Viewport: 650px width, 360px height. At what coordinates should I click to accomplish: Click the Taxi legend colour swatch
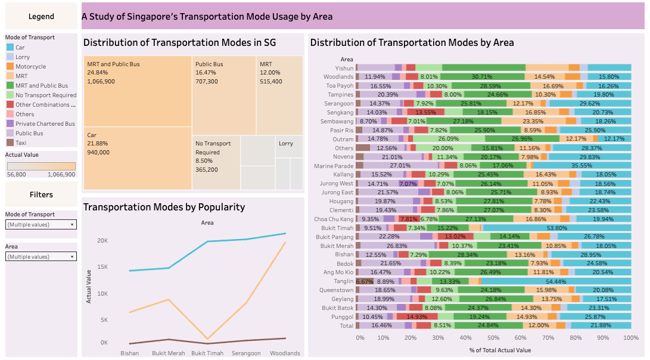click(10, 143)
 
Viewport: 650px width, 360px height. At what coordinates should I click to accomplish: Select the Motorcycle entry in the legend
click(30, 67)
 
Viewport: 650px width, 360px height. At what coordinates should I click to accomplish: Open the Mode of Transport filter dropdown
click(41, 225)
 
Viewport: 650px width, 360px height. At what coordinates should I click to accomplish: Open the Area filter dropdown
click(41, 256)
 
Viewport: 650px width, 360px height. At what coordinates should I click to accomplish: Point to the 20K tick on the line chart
click(102, 241)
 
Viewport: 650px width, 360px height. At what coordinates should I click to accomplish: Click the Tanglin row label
click(344, 281)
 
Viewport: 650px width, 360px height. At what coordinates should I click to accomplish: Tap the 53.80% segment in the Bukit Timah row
click(556, 228)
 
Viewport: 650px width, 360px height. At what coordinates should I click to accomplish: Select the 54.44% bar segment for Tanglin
click(555, 281)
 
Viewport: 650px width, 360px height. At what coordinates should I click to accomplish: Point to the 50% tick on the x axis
click(494, 337)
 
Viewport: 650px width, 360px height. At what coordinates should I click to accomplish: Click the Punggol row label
click(343, 316)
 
